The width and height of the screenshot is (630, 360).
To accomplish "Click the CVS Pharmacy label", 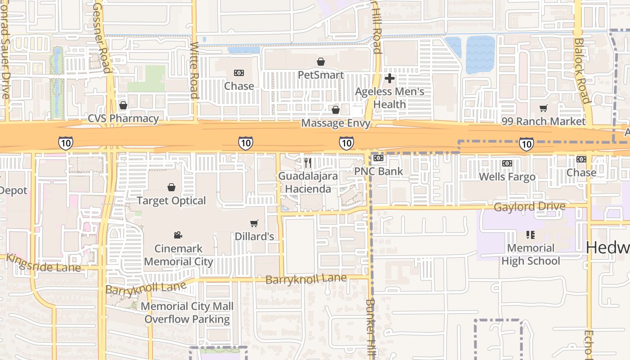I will pyautogui.click(x=123, y=119).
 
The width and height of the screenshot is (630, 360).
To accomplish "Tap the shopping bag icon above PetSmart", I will pyautogui.click(x=321, y=62).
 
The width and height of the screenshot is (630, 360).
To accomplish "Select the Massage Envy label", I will pyautogui.click(x=336, y=123).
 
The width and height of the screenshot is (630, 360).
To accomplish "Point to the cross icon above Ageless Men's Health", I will pyautogui.click(x=390, y=78).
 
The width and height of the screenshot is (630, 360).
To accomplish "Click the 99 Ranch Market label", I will pyautogui.click(x=544, y=121).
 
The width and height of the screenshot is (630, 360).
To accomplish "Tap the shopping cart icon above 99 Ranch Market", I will pyautogui.click(x=544, y=108).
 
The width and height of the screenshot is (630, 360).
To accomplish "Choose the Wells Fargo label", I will pyautogui.click(x=507, y=177).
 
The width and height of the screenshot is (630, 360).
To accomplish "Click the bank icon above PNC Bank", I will pyautogui.click(x=378, y=158).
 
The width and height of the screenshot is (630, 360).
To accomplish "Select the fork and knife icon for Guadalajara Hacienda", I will pyautogui.click(x=308, y=162).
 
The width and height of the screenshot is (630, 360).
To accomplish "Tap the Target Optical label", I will pyautogui.click(x=171, y=201).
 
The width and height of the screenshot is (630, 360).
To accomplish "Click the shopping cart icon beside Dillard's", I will pyautogui.click(x=254, y=223).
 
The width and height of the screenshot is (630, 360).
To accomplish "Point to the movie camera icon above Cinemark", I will pyautogui.click(x=178, y=235).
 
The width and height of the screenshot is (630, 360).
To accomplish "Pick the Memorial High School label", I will pyautogui.click(x=531, y=254).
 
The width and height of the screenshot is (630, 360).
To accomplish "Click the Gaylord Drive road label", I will pyautogui.click(x=530, y=207).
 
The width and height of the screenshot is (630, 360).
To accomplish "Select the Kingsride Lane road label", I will pyautogui.click(x=44, y=263).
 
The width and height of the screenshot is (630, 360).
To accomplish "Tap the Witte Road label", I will pyautogui.click(x=194, y=70).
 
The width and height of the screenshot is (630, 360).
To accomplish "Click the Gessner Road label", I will pyautogui.click(x=102, y=36).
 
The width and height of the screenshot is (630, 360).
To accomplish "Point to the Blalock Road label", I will pyautogui.click(x=581, y=70).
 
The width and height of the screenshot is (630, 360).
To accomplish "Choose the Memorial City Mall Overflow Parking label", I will pyautogui.click(x=187, y=313).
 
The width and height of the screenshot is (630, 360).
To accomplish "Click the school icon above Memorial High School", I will pyautogui.click(x=531, y=234).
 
